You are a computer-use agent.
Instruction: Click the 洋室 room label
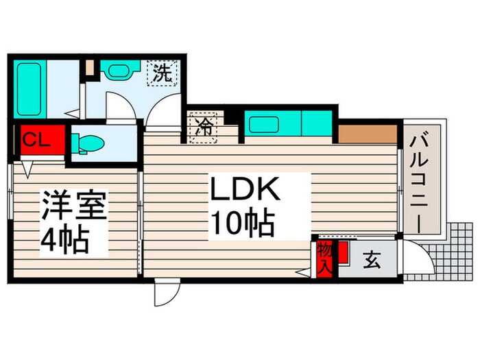(74, 208)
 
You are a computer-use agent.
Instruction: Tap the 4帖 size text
(66, 240)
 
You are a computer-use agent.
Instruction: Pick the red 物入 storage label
(324, 260)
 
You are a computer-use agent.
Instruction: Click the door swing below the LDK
(165, 293)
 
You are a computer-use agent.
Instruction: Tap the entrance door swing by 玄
(416, 261)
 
